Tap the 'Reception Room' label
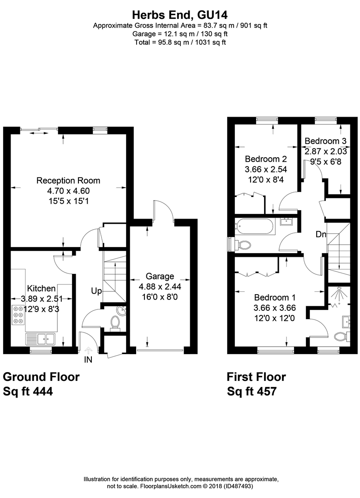coord(68,180)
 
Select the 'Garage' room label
coord(160,276)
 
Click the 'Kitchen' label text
coord(42,289)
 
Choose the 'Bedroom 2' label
coord(263,159)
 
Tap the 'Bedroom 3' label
coord(325,140)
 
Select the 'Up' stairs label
coord(96,291)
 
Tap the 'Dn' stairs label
coord(321,235)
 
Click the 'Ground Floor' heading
coord(42,377)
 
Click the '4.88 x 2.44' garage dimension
coord(160,286)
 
